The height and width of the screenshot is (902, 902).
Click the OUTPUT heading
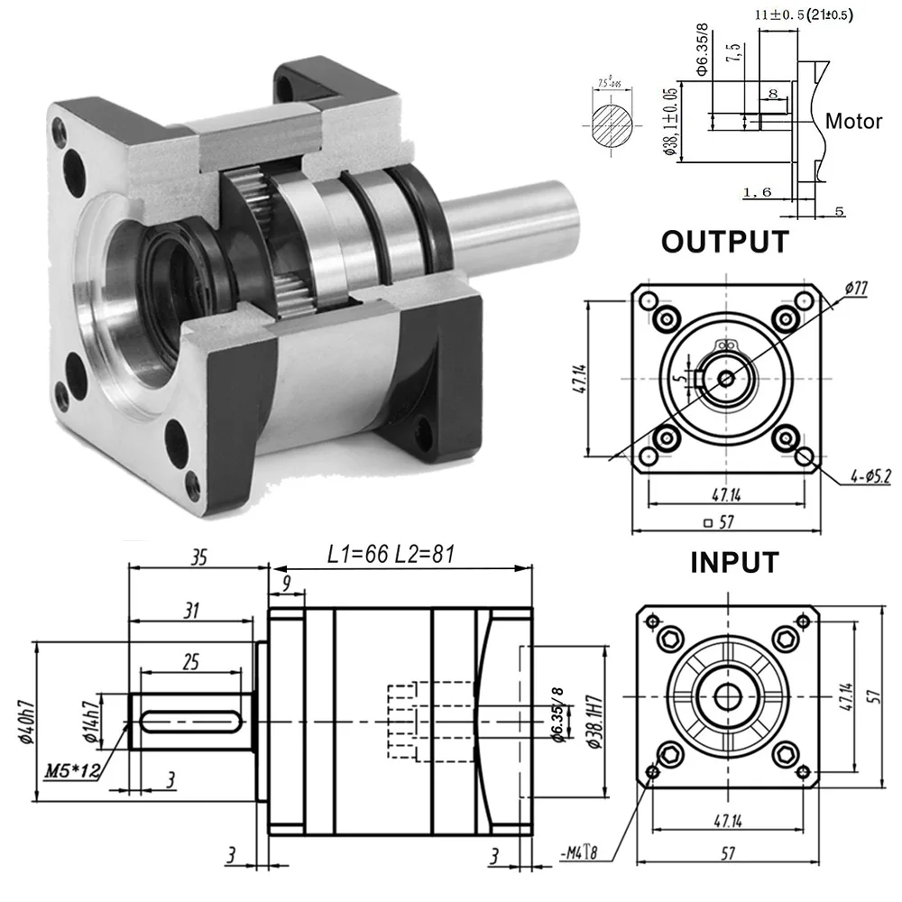coord(724,242)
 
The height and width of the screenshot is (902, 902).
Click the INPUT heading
coord(733,562)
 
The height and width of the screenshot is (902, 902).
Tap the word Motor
coord(853,121)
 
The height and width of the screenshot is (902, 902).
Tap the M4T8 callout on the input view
coord(580,851)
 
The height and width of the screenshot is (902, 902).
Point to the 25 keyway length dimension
coord(190,663)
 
